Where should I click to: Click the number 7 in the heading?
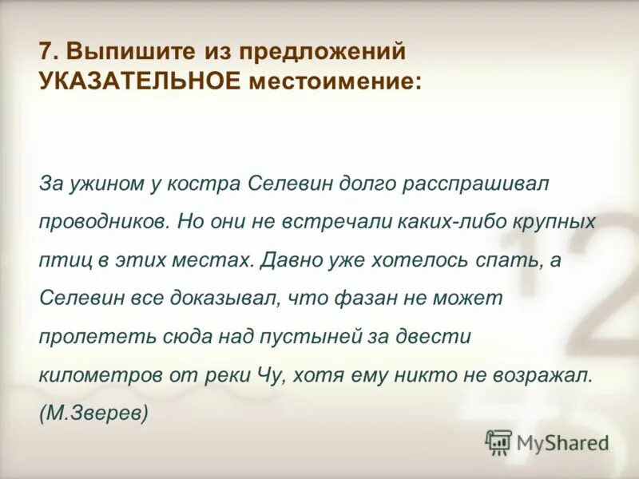pos(46,52)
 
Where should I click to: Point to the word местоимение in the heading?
pos(334,81)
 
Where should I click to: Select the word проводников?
pos(102,221)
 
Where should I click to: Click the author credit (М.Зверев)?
pos(93,413)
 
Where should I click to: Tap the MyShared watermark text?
pos(562,442)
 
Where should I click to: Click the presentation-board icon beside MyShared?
pos(499,441)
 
